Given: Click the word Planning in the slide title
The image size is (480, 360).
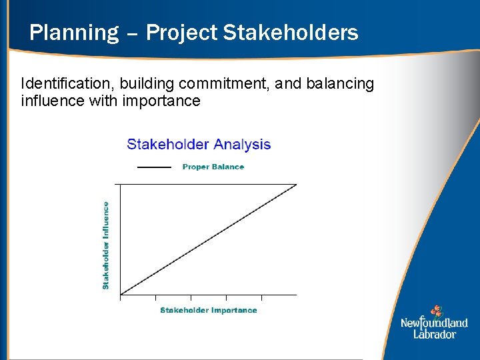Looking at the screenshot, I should tap(73, 32).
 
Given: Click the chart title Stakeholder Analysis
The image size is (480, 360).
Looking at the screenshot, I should tap(199, 144).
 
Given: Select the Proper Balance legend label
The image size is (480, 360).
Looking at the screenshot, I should tap(213, 167).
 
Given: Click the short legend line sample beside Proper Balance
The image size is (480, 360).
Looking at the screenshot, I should tap(154, 167).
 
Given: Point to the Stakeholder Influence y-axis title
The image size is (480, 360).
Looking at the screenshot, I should tap(105, 245).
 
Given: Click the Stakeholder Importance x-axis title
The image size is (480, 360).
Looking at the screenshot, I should tap(208, 310).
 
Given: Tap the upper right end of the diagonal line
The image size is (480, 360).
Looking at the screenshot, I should tap(295, 185).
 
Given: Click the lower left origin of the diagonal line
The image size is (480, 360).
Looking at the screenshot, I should tap(121, 294).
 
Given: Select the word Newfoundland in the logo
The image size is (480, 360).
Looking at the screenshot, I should tap(434, 323).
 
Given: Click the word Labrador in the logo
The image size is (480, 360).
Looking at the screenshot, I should tap(434, 334).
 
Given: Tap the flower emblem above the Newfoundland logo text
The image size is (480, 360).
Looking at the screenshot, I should tap(436, 311).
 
